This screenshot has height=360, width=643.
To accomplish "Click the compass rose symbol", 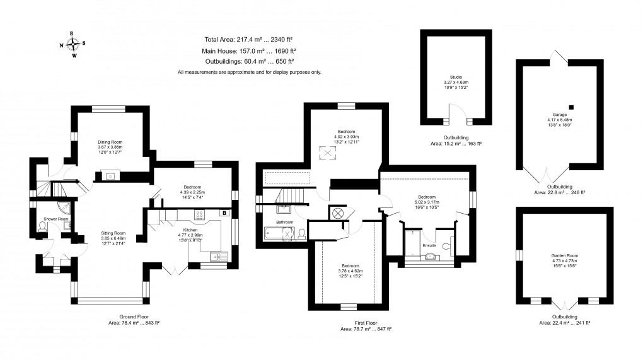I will (74, 44).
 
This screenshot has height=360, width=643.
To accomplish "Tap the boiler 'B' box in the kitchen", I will (223, 214).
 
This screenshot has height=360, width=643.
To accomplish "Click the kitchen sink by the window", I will (217, 255).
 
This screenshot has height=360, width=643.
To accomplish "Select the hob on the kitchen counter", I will (202, 222).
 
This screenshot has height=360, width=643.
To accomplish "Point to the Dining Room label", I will (110, 142).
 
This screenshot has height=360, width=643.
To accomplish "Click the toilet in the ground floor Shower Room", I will (42, 231).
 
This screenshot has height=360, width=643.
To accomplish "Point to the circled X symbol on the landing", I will (338, 213).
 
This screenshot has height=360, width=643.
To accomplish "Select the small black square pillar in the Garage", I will (571, 107).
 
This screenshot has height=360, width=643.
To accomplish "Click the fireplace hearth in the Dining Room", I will (111, 176).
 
